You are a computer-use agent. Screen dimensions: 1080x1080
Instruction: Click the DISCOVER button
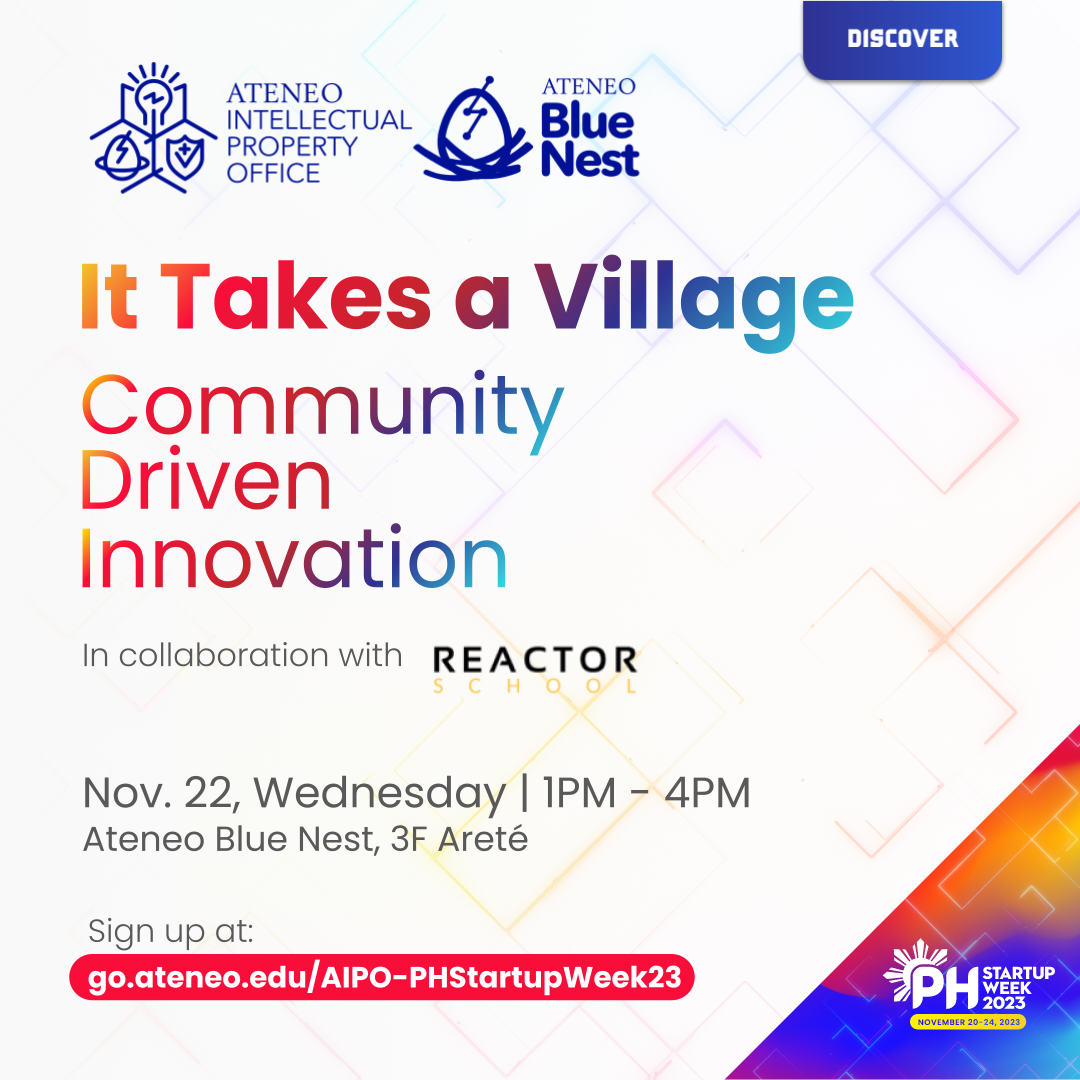902,40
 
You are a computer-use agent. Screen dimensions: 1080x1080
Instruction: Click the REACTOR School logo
535,668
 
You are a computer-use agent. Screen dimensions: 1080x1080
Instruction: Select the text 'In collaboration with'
242,656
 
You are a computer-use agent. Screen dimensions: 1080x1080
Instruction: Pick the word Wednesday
379,794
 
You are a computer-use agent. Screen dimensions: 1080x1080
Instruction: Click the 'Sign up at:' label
171,930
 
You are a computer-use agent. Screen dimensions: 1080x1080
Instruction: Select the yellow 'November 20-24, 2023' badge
967,1022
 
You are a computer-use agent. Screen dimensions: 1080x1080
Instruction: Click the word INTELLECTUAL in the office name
318,120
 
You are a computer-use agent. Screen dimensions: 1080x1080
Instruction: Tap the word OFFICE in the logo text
273,173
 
